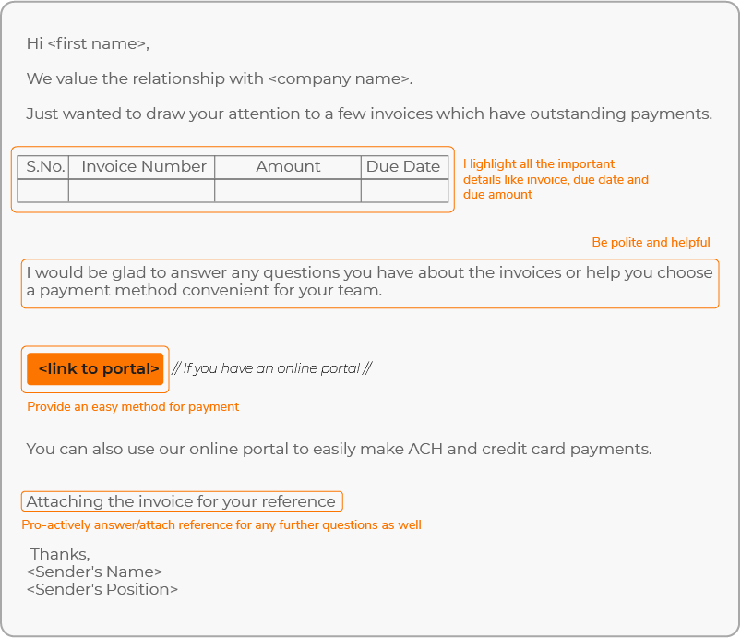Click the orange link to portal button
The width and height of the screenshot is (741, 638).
point(95,369)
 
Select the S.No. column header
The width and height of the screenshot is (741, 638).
point(43,167)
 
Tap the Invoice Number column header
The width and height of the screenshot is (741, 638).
point(143,167)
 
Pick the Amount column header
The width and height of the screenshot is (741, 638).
point(288,167)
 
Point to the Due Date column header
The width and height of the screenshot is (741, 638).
point(403,167)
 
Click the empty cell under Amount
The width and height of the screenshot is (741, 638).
point(288,191)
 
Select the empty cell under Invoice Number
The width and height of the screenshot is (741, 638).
point(143,191)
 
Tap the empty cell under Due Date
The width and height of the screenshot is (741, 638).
point(403,191)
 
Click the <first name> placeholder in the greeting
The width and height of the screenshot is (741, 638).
point(97,43)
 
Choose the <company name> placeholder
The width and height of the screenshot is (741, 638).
point(339,78)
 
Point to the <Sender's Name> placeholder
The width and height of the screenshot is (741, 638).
point(94,572)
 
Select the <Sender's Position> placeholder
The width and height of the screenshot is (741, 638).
point(102,589)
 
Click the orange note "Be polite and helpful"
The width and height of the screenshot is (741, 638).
point(651,242)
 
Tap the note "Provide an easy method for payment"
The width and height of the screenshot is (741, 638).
point(133,406)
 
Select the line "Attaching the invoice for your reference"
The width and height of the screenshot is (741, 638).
point(181,501)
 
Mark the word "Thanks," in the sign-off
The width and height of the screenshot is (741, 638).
point(60,554)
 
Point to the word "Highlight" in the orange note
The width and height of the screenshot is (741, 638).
point(489,164)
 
